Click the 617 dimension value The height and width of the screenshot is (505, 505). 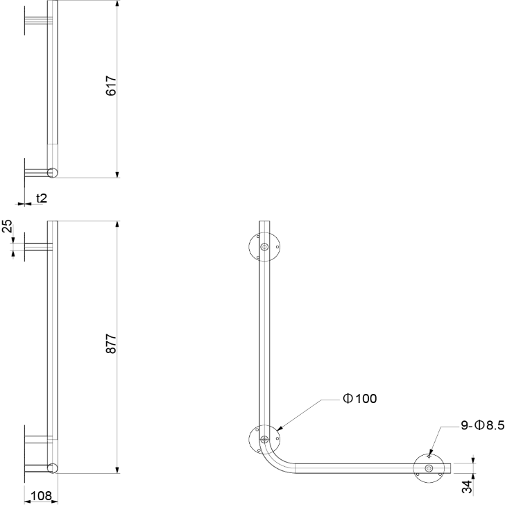[x=111, y=86]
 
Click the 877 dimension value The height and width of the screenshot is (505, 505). [x=111, y=343]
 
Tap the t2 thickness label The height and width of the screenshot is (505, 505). [x=42, y=198]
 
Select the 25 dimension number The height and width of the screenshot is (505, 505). [x=7, y=226]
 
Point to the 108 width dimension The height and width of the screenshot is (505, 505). [x=42, y=496]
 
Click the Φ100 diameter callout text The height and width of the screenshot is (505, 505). [x=360, y=399]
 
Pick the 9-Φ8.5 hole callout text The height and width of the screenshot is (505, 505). [x=483, y=425]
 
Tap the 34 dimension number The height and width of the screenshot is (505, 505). [x=467, y=486]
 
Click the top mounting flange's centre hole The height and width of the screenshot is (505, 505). [x=264, y=247]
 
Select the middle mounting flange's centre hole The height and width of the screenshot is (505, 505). [x=264, y=438]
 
